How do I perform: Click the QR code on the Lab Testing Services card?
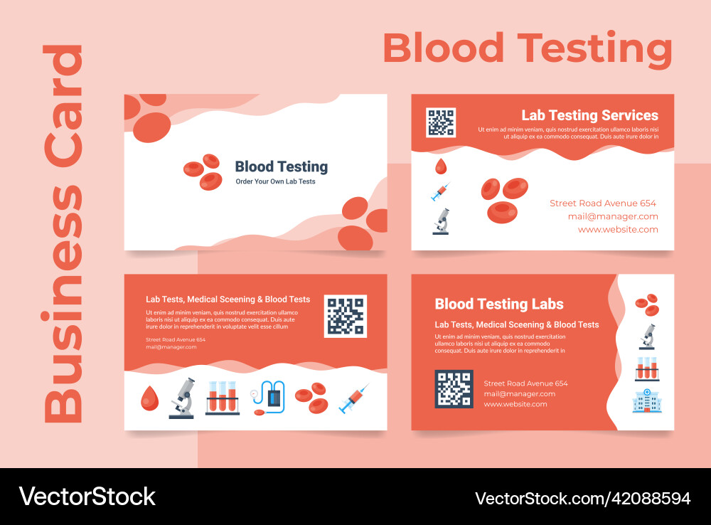point(441,122)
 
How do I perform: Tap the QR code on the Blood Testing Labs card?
point(454,388)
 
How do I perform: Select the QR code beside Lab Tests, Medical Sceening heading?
point(346,316)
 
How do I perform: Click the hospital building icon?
point(647,401)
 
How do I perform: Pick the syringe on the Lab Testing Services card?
point(441,191)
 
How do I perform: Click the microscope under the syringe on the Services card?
point(442,221)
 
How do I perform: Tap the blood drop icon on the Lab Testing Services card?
point(441,166)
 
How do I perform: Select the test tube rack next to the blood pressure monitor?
point(222,398)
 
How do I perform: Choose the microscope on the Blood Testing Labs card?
point(647,336)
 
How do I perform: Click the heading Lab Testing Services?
point(589,115)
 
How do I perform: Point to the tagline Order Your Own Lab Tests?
point(275,181)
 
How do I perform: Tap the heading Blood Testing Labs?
point(499,304)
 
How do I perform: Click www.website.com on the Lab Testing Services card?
point(618,230)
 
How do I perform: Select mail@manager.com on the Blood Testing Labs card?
point(520,393)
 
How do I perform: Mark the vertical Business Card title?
point(64,235)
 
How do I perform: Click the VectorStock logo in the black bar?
point(87,496)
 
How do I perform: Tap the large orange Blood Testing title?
point(527,49)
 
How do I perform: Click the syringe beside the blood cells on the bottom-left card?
point(353,398)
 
